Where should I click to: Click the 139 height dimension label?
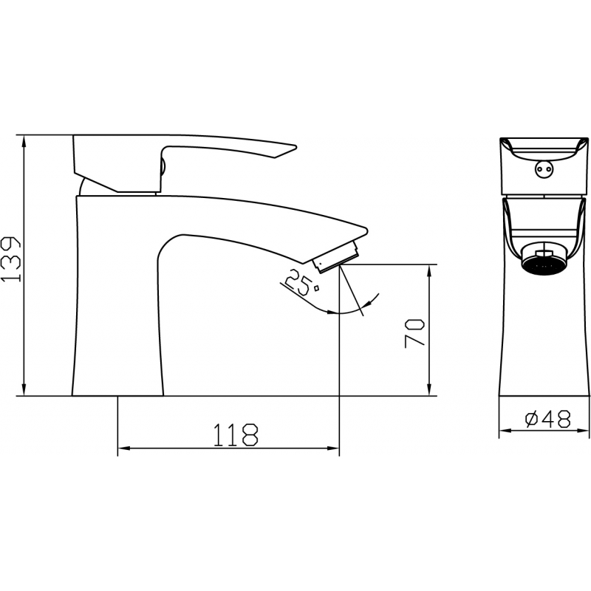[11, 259]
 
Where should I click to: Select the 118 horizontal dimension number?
[236, 435]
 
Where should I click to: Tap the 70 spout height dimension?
[414, 333]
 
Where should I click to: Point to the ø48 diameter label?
[547, 418]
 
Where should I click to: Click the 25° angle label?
[301, 283]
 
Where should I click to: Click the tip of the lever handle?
[296, 146]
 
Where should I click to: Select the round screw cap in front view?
[544, 168]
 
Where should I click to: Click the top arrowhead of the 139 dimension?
[24, 140]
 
